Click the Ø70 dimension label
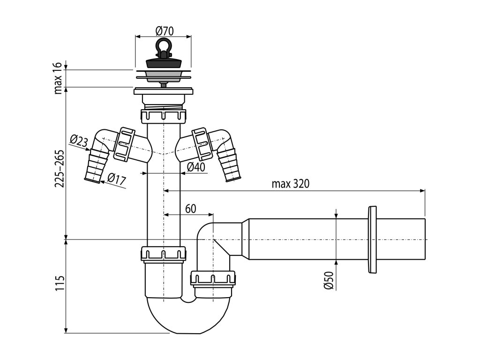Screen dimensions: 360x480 164,31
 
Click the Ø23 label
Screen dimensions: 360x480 78,141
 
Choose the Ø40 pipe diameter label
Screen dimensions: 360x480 196,167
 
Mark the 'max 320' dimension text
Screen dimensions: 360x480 291,184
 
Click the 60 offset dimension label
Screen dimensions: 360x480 190,209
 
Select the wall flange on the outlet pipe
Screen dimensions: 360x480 373,239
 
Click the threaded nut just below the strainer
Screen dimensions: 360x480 164,115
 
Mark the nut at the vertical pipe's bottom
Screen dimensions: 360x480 164,254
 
